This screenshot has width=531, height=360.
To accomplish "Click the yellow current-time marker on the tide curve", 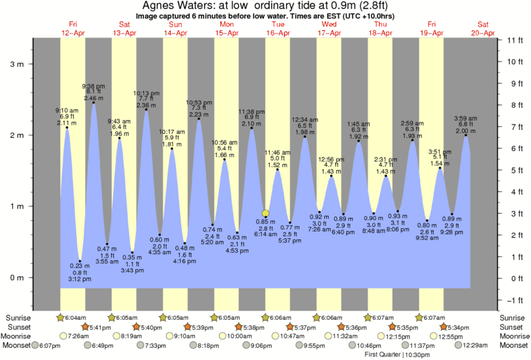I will click(x=266, y=213).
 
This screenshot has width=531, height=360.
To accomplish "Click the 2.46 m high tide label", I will click(x=92, y=98).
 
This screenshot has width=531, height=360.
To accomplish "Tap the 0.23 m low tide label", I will click(x=80, y=266).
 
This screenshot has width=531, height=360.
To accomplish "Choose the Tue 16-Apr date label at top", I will click(x=278, y=29).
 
